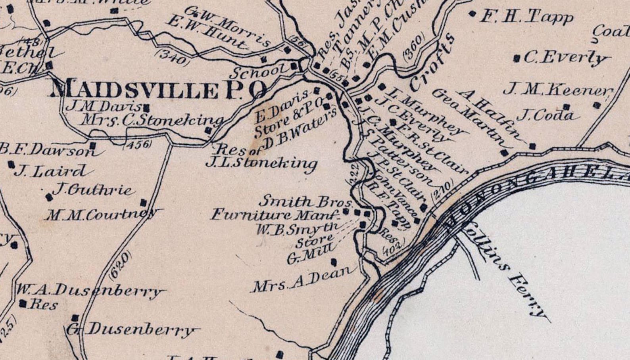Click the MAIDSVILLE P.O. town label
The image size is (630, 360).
159,89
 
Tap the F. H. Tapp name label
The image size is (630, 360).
527,17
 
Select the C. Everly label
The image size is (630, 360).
565,58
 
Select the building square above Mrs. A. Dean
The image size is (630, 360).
334,262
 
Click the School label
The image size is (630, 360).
260,72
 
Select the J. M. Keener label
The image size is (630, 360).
557,90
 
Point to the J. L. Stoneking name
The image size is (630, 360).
261,163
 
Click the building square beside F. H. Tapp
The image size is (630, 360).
472,13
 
